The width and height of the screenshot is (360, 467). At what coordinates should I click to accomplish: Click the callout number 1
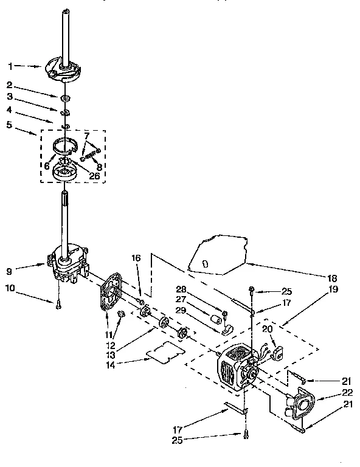(10, 65)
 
